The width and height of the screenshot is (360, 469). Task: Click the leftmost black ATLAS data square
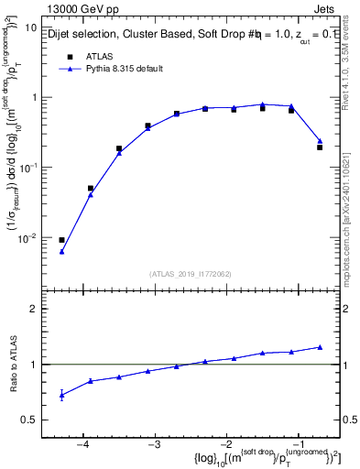[x=61, y=240]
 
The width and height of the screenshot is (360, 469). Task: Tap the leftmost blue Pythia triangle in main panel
[x=61, y=251]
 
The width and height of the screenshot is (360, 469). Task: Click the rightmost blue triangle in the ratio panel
[x=320, y=347]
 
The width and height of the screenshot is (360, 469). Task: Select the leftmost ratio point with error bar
[x=61, y=395]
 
